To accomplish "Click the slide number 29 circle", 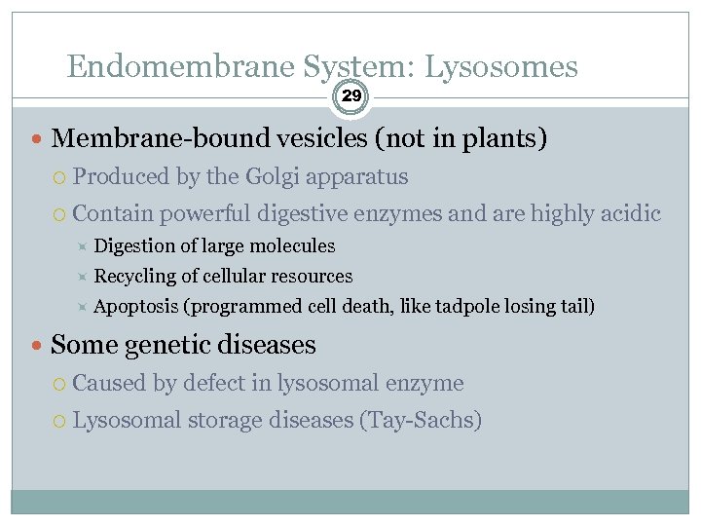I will pyautogui.click(x=351, y=96).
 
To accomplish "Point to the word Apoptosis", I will pyautogui.click(x=136, y=306).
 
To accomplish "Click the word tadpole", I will pyautogui.click(x=468, y=306).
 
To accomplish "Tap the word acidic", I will pyautogui.click(x=626, y=212).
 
